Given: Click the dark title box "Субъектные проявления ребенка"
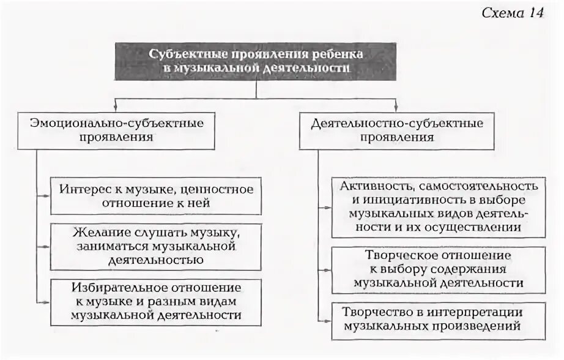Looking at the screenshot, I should [256, 61].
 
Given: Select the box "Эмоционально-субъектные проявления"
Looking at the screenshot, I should [116, 130].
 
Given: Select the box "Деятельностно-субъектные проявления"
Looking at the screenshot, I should [397, 130].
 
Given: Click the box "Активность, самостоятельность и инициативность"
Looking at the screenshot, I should [438, 206].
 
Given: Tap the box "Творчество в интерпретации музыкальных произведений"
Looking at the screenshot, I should [438, 319].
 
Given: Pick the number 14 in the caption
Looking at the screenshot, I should [533, 13].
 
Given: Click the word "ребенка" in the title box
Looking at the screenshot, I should [340, 54].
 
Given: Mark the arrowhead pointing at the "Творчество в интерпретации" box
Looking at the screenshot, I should [327, 319].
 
